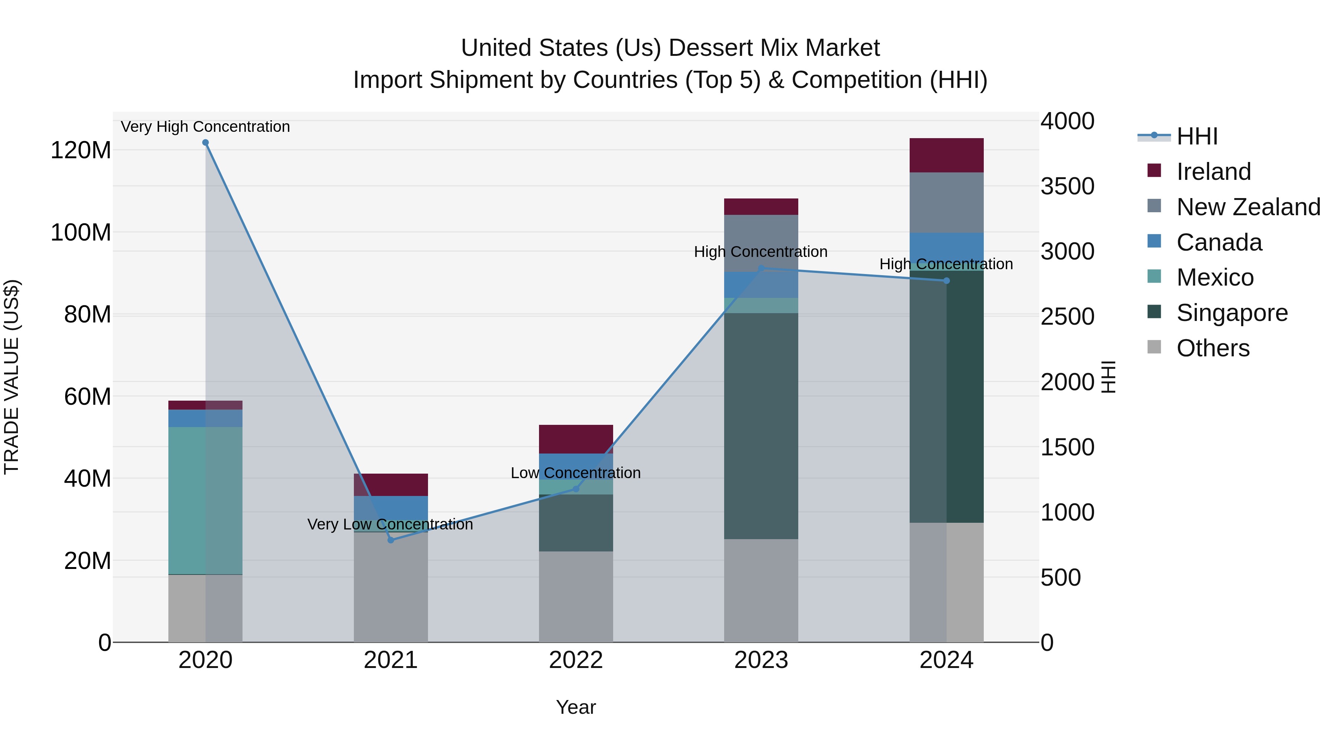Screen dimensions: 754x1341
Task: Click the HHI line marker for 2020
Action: [x=205, y=143]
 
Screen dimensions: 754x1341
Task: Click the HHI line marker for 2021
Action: [x=391, y=540]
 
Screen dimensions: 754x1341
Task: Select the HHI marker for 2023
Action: [x=761, y=268]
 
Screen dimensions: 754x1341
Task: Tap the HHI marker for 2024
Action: [x=947, y=281]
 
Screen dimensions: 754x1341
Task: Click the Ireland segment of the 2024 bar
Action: [x=947, y=155]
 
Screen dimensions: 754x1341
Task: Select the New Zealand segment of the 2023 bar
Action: [x=761, y=243]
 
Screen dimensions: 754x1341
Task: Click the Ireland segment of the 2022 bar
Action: [x=576, y=439]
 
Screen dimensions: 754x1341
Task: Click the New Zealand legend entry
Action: [x=1248, y=207]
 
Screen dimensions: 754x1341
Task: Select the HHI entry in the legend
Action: [x=1196, y=136]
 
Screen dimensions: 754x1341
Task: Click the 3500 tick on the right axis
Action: [x=1067, y=186]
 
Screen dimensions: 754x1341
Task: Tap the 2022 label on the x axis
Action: [x=576, y=660]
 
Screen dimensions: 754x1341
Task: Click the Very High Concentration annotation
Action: [x=205, y=127]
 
